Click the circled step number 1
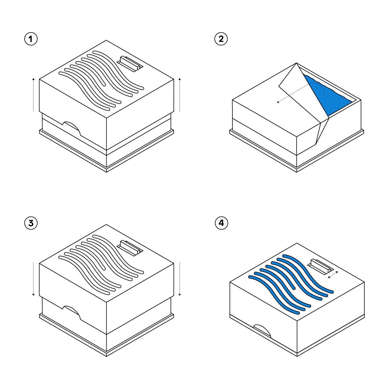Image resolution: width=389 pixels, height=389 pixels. click(31, 39)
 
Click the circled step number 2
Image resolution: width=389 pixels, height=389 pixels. click(221, 39)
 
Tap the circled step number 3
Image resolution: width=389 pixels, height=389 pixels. click(31, 223)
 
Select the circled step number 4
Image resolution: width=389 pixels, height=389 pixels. click(221, 223)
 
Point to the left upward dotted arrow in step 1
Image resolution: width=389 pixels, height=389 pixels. click(33, 95)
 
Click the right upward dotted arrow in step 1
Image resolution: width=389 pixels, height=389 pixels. click(179, 95)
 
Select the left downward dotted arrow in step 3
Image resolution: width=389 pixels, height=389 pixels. click(33, 279)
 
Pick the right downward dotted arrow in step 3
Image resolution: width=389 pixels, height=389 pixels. click(179, 279)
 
